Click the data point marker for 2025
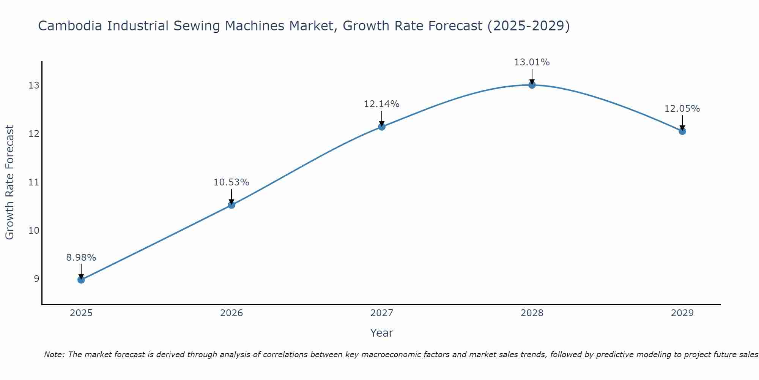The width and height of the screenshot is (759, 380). [81, 280]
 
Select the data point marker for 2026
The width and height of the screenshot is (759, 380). [231, 205]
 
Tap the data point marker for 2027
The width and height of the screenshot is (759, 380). [382, 127]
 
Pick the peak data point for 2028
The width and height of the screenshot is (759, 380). [532, 85]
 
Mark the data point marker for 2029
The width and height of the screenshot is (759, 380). [682, 131]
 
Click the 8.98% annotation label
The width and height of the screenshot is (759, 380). [81, 258]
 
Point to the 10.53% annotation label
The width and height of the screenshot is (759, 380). [231, 182]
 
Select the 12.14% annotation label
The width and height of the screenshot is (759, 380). [382, 104]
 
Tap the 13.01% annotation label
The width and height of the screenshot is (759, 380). [532, 62]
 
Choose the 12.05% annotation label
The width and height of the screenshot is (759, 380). [682, 109]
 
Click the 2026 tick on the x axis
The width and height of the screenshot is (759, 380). [231, 313]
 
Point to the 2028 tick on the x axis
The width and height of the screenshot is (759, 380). [532, 313]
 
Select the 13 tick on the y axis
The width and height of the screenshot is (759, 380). [34, 85]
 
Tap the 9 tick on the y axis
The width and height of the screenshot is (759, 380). [36, 279]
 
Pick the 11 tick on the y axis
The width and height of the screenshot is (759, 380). [34, 182]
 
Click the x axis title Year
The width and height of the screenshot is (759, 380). [382, 333]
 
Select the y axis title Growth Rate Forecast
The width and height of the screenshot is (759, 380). [10, 182]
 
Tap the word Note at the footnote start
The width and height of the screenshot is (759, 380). [55, 355]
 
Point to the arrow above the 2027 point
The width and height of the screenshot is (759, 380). [382, 119]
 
